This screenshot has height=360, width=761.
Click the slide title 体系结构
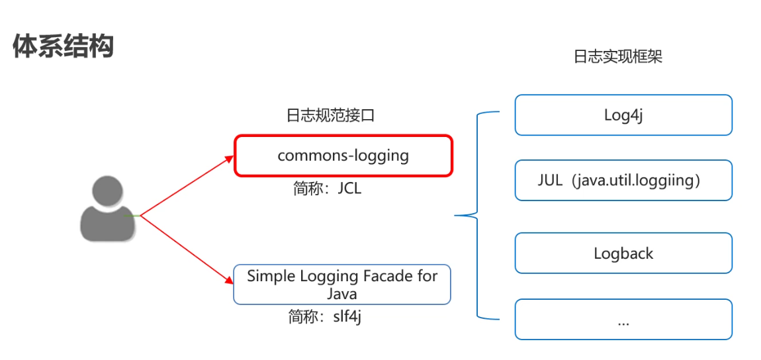point(64,46)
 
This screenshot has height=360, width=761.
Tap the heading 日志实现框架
point(617,57)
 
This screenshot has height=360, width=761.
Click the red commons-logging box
point(343,156)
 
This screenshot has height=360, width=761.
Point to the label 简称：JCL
point(328,189)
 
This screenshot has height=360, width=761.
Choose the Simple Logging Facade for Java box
point(341,284)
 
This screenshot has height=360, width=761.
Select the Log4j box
point(623,115)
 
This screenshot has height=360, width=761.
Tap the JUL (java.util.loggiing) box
point(623,180)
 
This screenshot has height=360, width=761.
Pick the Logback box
point(623,253)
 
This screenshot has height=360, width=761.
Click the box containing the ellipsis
point(623,320)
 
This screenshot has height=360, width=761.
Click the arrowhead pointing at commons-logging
point(229,159)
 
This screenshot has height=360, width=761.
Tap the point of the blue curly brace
point(456,215)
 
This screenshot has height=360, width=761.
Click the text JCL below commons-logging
point(349,189)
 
